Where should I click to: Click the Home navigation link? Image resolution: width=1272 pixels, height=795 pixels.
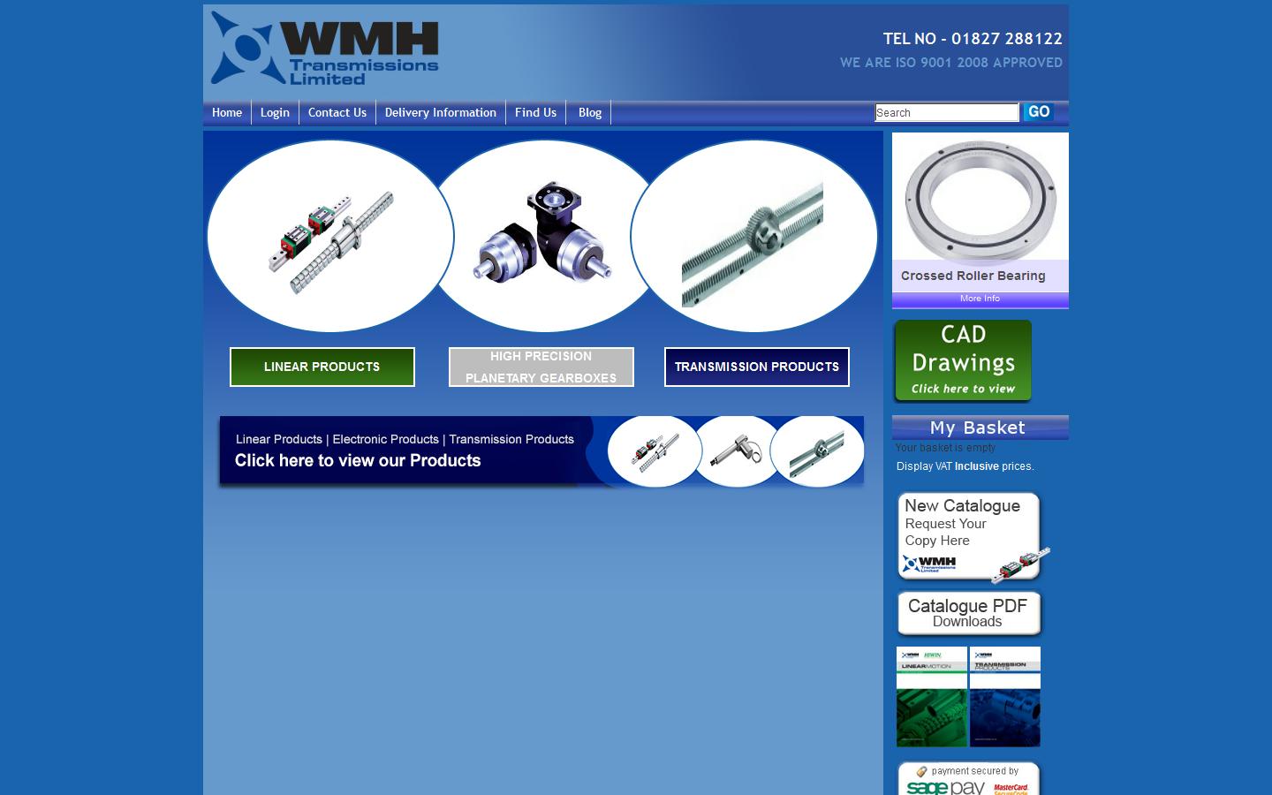pos(227,113)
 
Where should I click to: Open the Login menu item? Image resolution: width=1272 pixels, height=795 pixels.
pos(275,113)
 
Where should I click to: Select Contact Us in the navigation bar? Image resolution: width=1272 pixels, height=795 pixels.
pos(337,113)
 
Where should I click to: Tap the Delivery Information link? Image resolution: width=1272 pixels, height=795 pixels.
pos(440,113)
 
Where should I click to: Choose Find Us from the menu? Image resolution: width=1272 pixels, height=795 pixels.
pos(535,113)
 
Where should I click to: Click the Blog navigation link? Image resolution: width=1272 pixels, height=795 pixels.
pos(589,113)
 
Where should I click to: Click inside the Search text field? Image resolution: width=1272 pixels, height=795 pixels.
pos(946,113)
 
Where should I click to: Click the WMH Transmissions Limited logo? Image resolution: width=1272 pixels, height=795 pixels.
pos(325,49)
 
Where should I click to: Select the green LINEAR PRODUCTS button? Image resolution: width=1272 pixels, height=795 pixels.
pos(322,367)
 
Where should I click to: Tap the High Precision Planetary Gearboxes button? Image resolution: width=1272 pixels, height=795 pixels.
pos(541,367)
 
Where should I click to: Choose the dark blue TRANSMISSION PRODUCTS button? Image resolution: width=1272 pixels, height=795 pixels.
pos(756,367)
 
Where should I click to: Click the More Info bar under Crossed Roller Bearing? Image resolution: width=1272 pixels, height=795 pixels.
pos(980,299)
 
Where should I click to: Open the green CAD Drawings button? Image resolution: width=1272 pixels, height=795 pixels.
pos(963,360)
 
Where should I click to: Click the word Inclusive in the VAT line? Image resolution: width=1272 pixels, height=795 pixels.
pos(976,466)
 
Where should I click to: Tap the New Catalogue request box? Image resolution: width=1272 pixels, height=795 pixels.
pos(968,535)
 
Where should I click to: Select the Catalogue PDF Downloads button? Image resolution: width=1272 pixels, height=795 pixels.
pos(968,613)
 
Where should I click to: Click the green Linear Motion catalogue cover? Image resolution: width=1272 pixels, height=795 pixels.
pos(931,697)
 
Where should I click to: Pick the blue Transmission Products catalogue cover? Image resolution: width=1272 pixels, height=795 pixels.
pos(1005,697)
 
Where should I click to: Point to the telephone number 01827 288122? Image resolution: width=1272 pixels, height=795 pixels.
pos(1006,39)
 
